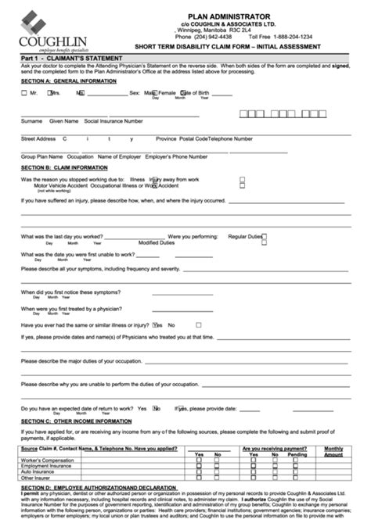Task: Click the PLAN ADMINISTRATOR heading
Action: click(235, 16)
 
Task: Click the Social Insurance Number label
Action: click(113, 121)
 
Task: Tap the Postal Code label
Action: click(193, 138)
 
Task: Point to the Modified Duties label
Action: click(157, 242)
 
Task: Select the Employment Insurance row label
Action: click(47, 467)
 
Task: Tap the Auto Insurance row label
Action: click(39, 472)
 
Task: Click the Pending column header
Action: click(297, 454)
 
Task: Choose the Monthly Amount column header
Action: click(333, 451)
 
